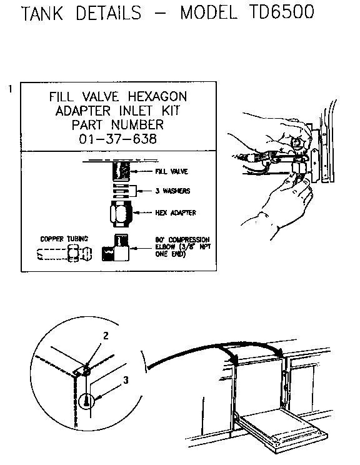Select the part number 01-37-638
pos(118,138)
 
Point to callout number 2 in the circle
pos(106,336)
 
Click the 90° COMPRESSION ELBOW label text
pos(182,244)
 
